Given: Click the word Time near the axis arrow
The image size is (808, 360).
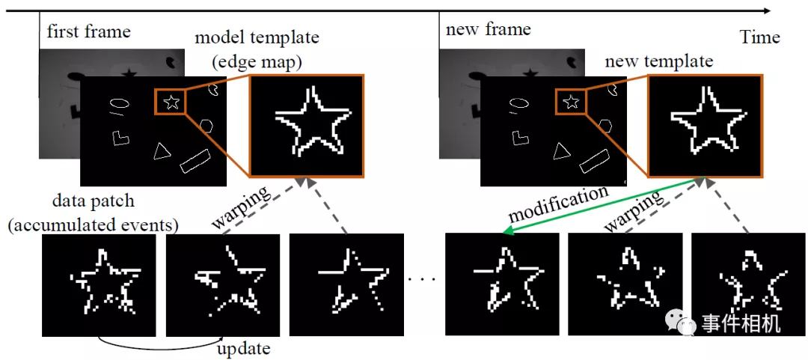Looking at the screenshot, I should point(760,37).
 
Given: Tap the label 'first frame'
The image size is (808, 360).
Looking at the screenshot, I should point(88,31).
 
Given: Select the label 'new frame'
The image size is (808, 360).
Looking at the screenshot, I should point(488,30).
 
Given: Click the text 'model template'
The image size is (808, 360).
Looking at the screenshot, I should point(256,38).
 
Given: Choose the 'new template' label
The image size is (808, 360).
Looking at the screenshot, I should point(658,61).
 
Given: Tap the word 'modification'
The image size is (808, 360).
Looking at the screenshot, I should point(557,204).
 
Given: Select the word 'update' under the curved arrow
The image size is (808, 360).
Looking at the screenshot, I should point(243,349).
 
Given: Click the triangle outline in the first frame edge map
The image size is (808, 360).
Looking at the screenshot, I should point(161,151).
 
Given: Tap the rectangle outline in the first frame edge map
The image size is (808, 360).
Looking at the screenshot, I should point(195,160).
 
